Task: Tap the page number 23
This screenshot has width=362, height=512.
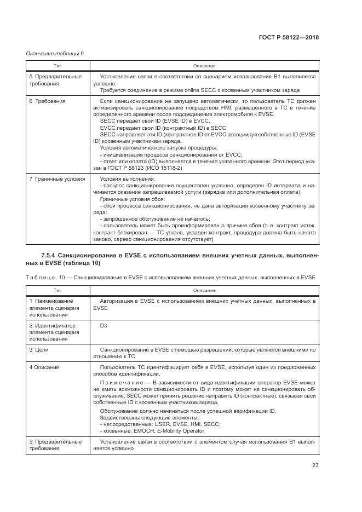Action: pos(315,465)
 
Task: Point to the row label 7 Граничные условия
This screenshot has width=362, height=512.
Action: pos(57,179)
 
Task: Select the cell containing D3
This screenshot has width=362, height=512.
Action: pos(104,326)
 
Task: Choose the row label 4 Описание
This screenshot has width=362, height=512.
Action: pos(44,367)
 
